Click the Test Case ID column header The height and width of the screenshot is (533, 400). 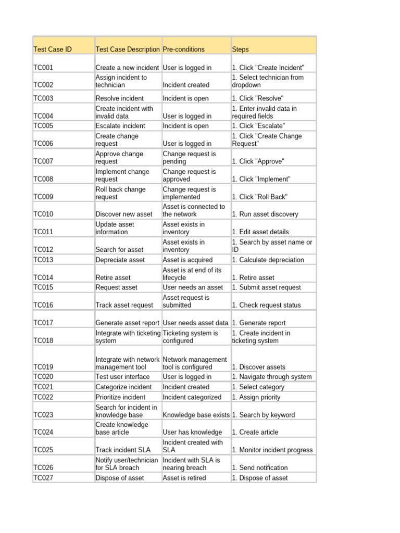[53, 49]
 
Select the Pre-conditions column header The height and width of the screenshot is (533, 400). [184, 49]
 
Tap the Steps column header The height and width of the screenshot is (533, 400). [241, 49]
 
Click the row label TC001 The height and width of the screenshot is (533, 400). [43, 68]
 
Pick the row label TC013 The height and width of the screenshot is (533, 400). [43, 260]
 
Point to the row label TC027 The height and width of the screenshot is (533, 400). [43, 478]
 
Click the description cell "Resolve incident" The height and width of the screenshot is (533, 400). [119, 98]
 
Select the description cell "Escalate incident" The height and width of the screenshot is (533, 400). [120, 126]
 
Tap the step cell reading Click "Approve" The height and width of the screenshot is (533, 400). [258, 161]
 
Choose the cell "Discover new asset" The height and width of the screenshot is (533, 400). [124, 214]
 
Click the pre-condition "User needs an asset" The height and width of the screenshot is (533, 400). [193, 287]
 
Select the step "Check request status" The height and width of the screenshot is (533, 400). [266, 305]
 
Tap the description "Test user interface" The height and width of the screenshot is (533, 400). [122, 377]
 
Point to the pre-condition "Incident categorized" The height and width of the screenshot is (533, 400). [192, 397]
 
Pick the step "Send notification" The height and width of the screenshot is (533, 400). [259, 468]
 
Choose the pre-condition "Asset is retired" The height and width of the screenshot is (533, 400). [184, 478]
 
